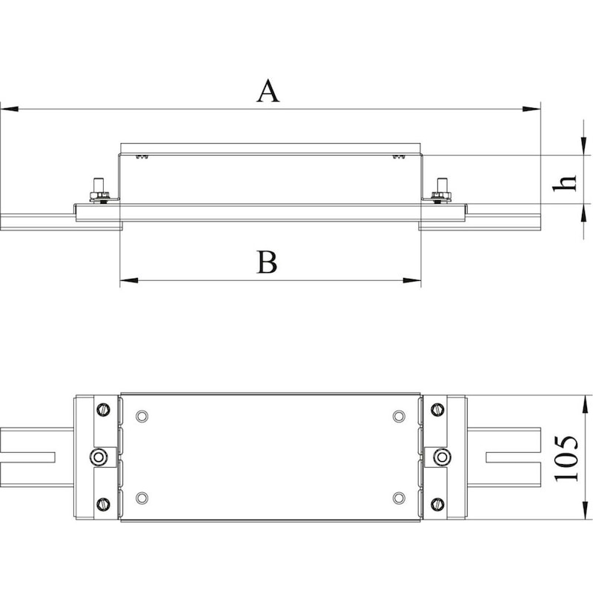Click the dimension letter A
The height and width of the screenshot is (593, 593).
tap(268, 91)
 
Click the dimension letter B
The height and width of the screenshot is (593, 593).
tap(267, 262)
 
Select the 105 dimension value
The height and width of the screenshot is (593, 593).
tap(566, 458)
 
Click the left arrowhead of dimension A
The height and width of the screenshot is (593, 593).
tap(10, 109)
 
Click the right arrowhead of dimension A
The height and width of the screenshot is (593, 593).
tap(531, 109)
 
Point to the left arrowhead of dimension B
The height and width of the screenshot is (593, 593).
tap(129, 281)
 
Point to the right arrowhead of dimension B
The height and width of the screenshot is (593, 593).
tap(412, 281)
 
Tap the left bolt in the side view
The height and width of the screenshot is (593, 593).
tap(99, 191)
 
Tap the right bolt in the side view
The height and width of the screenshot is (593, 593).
tap(441, 191)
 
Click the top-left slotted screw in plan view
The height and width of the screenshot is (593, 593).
tap(103, 409)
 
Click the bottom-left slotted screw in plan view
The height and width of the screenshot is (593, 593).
tap(103, 504)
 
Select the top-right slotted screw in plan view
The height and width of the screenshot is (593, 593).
tap(437, 409)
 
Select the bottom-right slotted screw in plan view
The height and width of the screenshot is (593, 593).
tap(437, 504)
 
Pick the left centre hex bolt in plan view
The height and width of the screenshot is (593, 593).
tap(99, 457)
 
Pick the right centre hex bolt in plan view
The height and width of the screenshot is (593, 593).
tap(442, 457)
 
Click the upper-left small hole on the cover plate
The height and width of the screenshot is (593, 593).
tap(142, 417)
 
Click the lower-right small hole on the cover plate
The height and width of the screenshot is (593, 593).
tap(399, 498)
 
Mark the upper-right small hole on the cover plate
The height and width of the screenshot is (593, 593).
tap(398, 417)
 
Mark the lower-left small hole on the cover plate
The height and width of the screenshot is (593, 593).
tap(142, 498)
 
